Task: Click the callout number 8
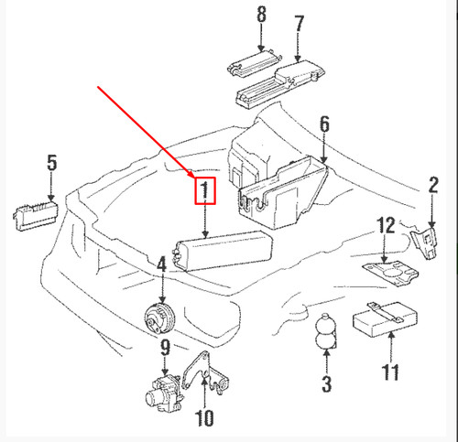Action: click(x=261, y=15)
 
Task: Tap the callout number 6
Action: click(x=323, y=124)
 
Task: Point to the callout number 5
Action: click(x=51, y=164)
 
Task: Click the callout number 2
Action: click(x=433, y=187)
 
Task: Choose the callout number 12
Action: click(x=387, y=225)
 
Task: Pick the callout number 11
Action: click(x=391, y=372)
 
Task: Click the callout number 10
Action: click(x=203, y=419)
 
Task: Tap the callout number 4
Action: click(x=161, y=265)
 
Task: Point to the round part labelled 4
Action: click(x=158, y=320)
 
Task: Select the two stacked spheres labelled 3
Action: click(x=326, y=334)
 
